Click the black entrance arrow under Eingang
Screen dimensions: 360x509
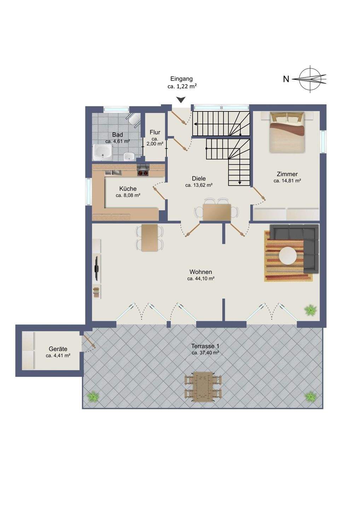click(181, 99)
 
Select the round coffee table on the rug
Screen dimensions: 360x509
click(288, 256)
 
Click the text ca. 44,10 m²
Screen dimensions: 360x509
click(201, 279)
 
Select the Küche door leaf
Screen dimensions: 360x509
click(159, 194)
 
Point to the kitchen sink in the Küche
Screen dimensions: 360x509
click(113, 173)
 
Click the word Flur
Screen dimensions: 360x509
click(155, 132)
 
